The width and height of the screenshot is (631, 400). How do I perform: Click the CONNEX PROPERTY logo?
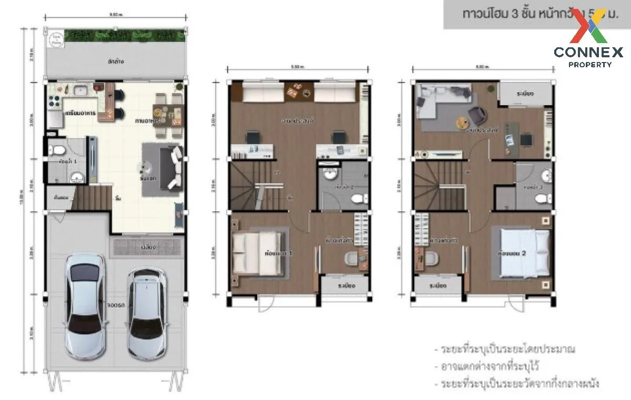pyautogui.click(x=588, y=40)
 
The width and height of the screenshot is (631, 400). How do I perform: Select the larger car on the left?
pyautogui.click(x=85, y=305)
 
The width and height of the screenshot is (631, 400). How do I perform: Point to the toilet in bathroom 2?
pyautogui.click(x=359, y=199)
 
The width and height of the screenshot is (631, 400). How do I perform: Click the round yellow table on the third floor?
pyautogui.click(x=461, y=123)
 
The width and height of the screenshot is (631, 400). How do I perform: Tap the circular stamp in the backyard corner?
pyautogui.click(x=56, y=39)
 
